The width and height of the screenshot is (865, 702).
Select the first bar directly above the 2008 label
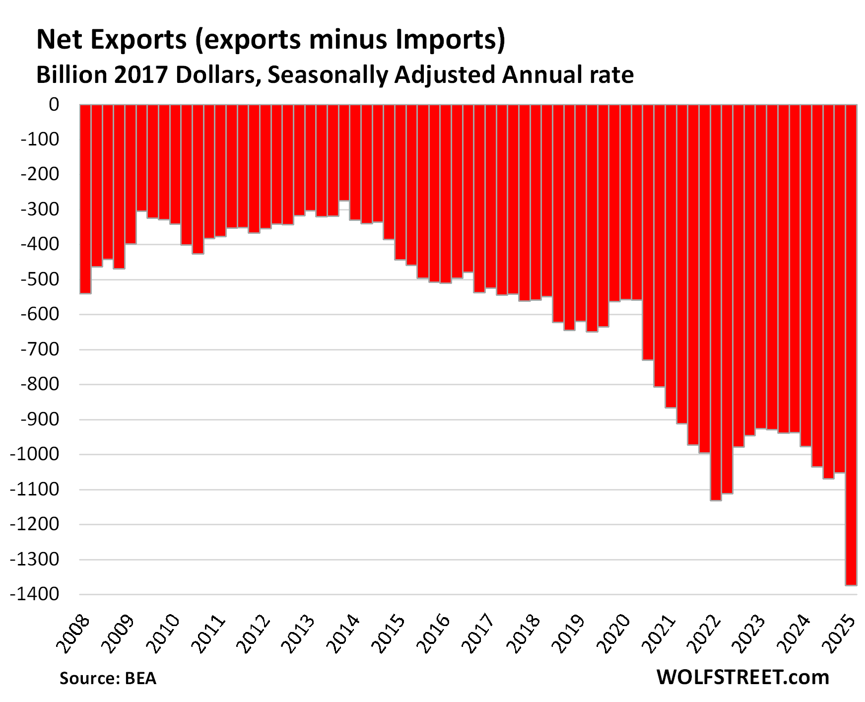click(85, 199)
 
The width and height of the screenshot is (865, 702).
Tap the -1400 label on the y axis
click(35, 594)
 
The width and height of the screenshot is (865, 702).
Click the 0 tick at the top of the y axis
click(54, 105)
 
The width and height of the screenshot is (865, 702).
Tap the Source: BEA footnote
click(108, 678)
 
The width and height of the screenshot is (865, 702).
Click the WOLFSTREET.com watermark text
click(742, 677)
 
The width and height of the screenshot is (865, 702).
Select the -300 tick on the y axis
click(40, 210)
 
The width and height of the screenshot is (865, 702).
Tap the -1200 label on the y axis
click(35, 524)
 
